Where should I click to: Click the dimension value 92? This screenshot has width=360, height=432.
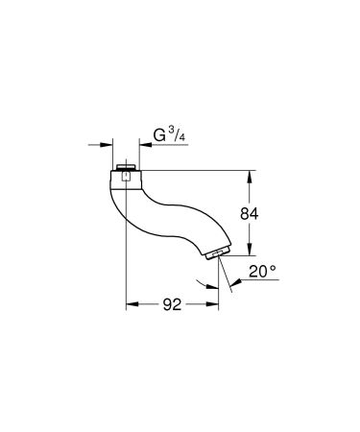coord(172,306)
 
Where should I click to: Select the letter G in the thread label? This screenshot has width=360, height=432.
coord(161,135)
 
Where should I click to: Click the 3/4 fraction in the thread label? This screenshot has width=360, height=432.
coord(179,135)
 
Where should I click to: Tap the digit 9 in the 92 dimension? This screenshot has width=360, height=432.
coord(166,306)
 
